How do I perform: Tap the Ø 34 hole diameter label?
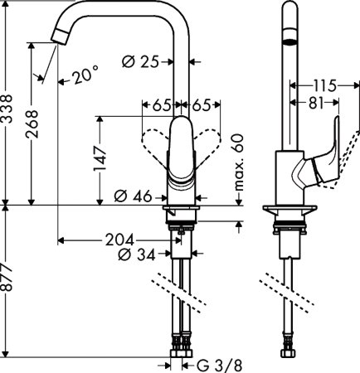pyautogui.click(x=137, y=254)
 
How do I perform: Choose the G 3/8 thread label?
pyautogui.click(x=215, y=363)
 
